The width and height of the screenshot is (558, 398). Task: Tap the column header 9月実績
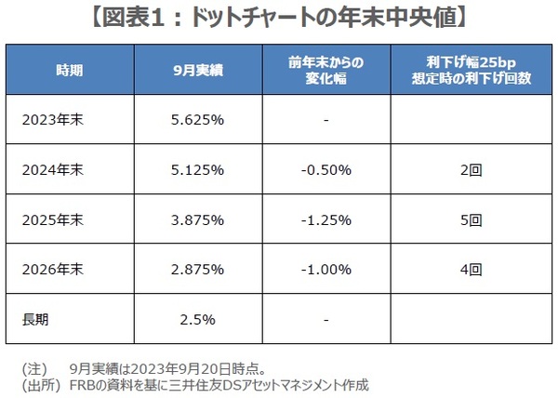click(x=198, y=69)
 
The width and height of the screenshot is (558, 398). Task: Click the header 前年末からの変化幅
click(x=325, y=69)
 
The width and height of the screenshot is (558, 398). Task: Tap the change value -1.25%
click(x=325, y=220)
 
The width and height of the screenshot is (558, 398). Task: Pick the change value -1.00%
click(x=325, y=271)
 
